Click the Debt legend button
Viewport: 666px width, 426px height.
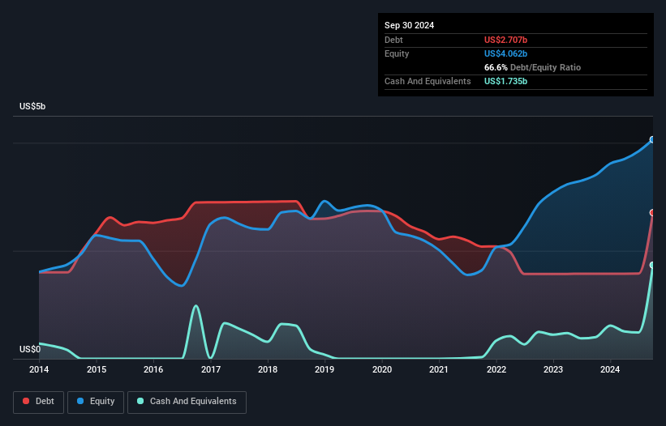point(37,401)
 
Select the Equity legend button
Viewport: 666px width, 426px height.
point(96,401)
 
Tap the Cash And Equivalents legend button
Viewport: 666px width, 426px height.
point(187,401)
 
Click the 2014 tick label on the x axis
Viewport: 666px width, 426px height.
point(39,370)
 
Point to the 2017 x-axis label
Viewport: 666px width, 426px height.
point(211,370)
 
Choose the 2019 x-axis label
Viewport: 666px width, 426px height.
point(324,370)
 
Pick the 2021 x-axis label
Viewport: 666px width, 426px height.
point(439,370)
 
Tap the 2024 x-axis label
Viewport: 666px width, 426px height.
point(610,370)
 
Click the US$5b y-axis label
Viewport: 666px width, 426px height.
point(33,107)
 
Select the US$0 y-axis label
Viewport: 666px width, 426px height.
point(29,349)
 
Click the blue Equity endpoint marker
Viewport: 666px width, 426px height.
point(652,140)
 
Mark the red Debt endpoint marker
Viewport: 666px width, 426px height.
point(652,213)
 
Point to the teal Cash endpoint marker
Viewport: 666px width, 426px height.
point(652,265)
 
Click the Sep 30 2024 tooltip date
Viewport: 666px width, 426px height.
point(410,25)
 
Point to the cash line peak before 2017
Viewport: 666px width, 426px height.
point(196,305)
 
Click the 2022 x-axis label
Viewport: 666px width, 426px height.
point(496,370)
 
